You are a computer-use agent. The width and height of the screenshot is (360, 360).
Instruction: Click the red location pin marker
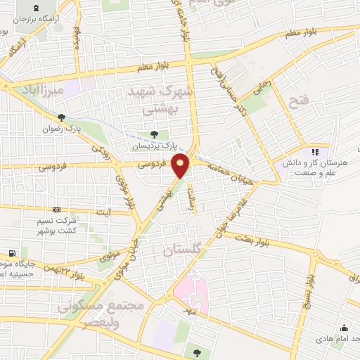[x=182, y=166]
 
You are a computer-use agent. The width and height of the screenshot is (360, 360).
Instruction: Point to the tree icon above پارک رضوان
[x=62, y=117]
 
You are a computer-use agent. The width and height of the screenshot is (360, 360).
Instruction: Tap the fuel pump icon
[x=12, y=254]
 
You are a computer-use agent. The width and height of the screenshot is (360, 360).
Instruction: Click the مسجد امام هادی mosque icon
[x=344, y=328]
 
